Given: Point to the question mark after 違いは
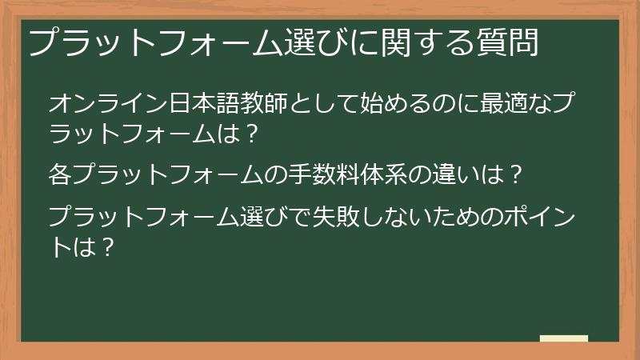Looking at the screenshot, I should [516, 173].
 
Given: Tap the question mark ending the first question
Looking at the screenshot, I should [251, 135].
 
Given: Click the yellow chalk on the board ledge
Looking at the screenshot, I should [564, 339].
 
